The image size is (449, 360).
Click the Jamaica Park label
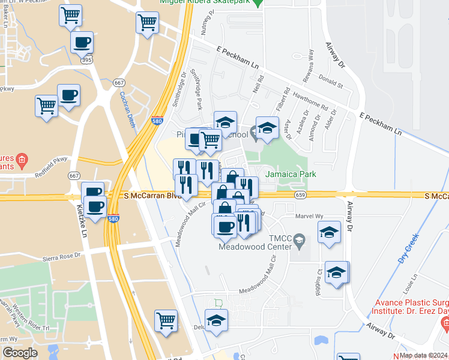pyautogui.click(x=291, y=175)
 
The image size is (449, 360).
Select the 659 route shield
pyautogui.click(x=301, y=195)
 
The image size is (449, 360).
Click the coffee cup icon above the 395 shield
pyautogui.click(x=82, y=43)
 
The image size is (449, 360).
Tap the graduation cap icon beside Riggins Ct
pyautogui.click(x=337, y=272)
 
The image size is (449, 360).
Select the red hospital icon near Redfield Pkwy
pyautogui.click(x=22, y=160)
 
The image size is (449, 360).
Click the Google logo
pyautogui.click(x=20, y=353)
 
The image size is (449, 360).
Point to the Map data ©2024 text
pyautogui.click(x=423, y=355)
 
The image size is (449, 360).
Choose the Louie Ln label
pyautogui.click(x=411, y=286)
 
